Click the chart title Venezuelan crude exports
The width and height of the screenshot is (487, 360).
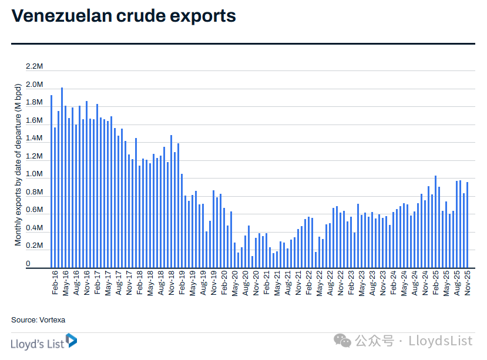click(124, 16)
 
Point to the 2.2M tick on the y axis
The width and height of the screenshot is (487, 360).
click(35, 67)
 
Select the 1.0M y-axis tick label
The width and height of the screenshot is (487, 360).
click(35, 174)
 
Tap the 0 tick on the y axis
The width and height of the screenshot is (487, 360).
click(28, 264)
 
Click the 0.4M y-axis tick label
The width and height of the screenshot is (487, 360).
click(35, 228)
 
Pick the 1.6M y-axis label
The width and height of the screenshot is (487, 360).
click(35, 120)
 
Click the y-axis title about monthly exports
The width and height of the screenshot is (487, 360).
click(18, 164)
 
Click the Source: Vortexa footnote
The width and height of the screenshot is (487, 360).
click(38, 320)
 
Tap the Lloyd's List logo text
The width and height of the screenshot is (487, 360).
click(36, 342)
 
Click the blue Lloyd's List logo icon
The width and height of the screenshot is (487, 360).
click(71, 341)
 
